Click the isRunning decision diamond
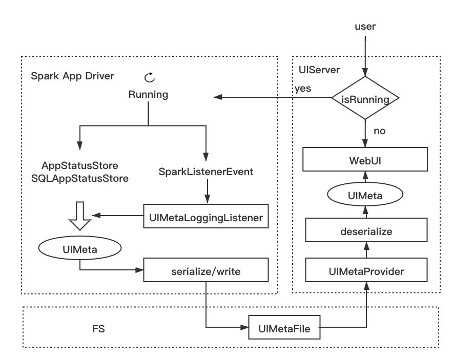click(x=365, y=98)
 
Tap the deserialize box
click(x=366, y=231)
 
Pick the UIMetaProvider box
click(x=366, y=271)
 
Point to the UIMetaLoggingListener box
click(x=206, y=218)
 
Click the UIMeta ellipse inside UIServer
click(x=365, y=195)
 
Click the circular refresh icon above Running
click(x=149, y=77)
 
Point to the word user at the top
click(x=365, y=26)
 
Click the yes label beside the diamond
click(x=302, y=89)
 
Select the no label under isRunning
click(x=379, y=131)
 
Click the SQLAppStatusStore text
click(x=80, y=178)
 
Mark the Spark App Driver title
click(x=72, y=76)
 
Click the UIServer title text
click(x=319, y=70)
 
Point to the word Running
click(x=148, y=95)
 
